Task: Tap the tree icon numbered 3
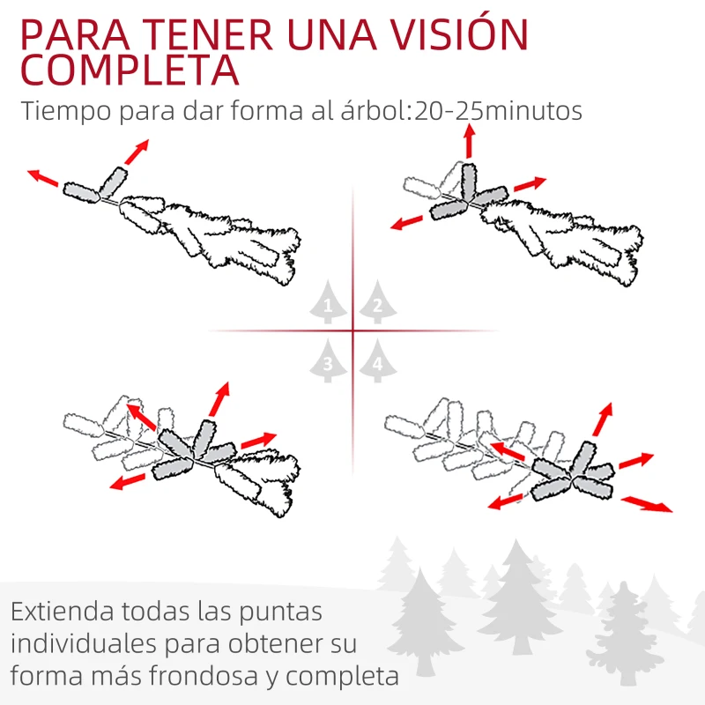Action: (x=329, y=361)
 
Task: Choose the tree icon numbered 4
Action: (x=377, y=361)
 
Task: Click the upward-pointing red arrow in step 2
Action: (x=469, y=141)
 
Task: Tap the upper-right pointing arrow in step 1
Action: (x=136, y=152)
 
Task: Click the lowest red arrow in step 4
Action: (x=647, y=504)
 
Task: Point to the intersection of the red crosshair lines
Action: (x=352, y=331)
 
